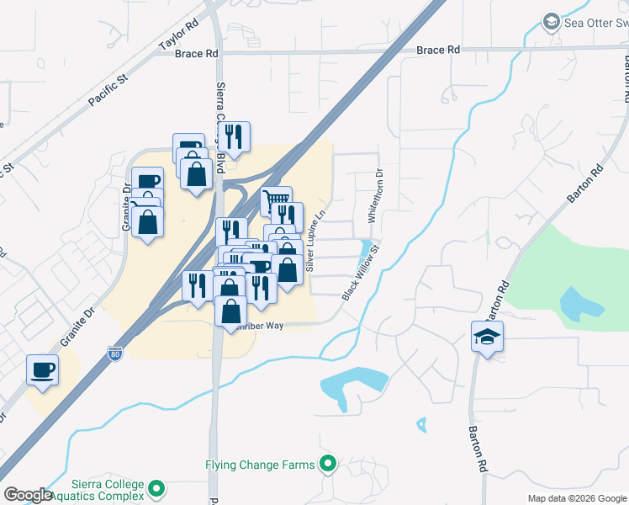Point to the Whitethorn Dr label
click(375, 197)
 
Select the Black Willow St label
click(362, 272)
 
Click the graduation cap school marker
click(488, 337)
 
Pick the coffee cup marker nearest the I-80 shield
click(43, 369)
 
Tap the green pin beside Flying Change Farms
click(328, 463)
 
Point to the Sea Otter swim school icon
click(552, 21)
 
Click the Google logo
click(28, 495)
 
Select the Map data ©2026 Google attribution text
click(577, 498)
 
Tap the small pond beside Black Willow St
click(367, 250)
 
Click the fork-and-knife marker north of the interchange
click(234, 137)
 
